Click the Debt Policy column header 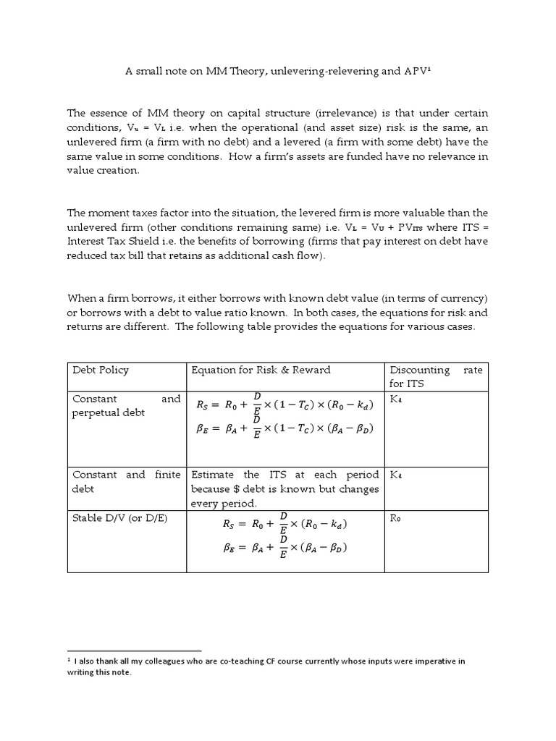101,370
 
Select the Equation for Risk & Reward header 261,370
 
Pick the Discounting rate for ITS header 435,376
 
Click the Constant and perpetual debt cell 126,405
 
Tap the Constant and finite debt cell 126,481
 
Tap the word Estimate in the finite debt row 214,475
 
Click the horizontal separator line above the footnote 133,651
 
